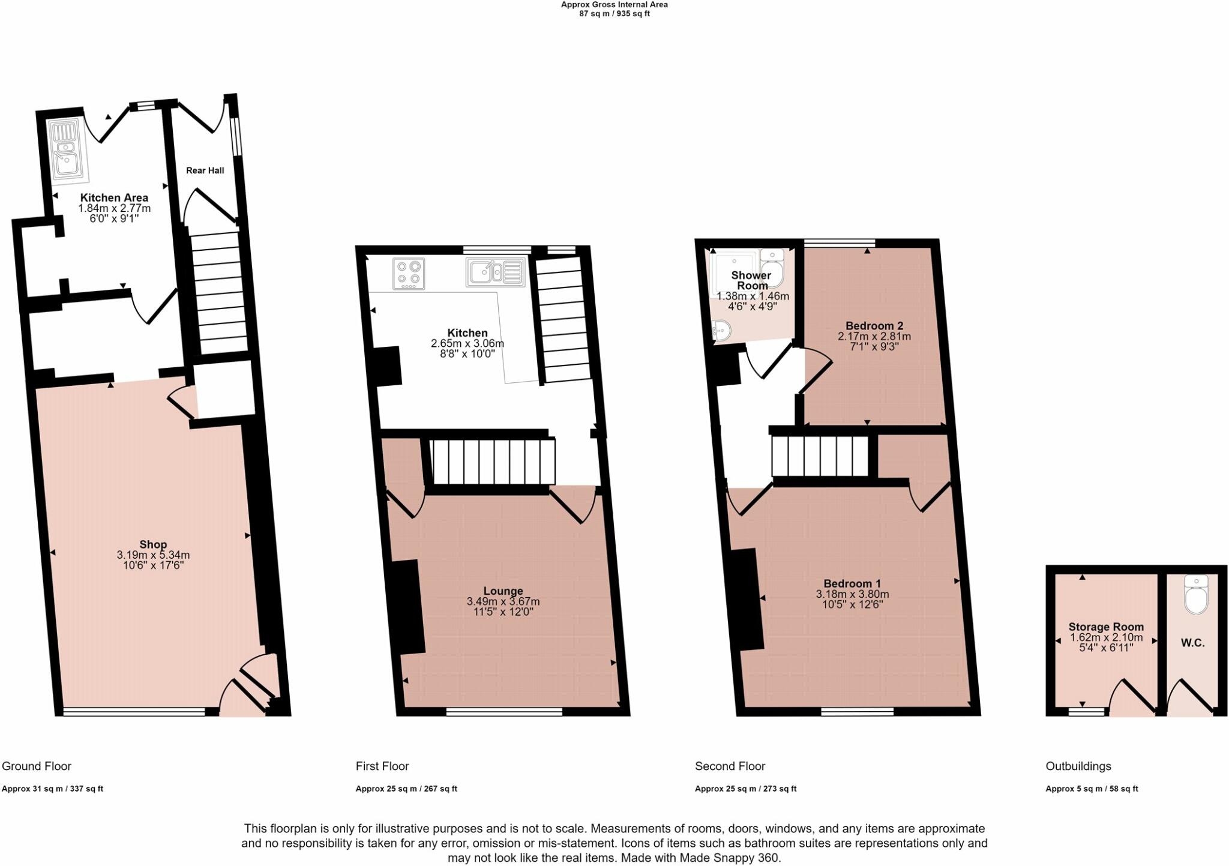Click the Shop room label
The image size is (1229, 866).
coord(153,545)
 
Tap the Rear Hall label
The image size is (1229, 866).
coord(205,170)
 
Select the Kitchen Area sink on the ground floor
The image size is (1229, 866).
coord(68,151)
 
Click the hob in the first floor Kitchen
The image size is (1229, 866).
coord(409,273)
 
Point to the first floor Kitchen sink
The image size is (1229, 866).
coord(494,272)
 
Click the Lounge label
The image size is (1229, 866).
coord(503,591)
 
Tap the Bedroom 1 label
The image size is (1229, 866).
coord(852,583)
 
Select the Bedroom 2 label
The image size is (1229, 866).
coord(874,326)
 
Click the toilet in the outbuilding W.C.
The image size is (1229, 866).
coord(1197,595)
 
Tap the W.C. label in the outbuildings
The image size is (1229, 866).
coord(1192,643)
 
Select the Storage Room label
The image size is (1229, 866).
coord(1106,627)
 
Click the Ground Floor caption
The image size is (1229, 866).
coord(37,766)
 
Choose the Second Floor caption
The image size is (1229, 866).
coord(730,766)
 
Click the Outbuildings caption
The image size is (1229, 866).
coord(1078,766)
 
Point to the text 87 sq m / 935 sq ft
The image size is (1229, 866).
coord(614,14)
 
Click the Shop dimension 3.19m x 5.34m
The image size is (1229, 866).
coord(153,555)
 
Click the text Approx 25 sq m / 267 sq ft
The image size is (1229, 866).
coord(406,789)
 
